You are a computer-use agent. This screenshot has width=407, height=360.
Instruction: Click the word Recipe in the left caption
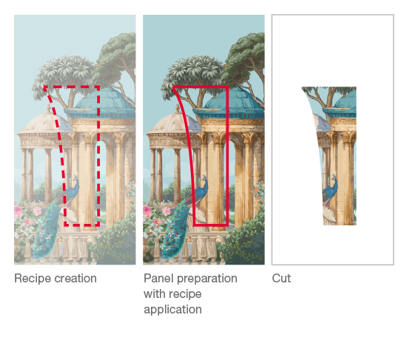point(33,279)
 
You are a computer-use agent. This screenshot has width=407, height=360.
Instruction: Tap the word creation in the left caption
point(75,278)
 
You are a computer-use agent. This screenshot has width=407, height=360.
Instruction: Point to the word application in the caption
point(172,310)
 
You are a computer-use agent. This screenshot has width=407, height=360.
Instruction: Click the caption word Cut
point(281,278)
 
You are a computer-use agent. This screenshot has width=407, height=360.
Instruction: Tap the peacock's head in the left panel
point(75,178)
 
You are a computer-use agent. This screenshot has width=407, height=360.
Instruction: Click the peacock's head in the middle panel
point(204,178)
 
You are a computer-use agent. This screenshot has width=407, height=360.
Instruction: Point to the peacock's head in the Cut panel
point(334,177)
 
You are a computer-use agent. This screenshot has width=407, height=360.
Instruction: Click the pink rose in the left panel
point(18,211)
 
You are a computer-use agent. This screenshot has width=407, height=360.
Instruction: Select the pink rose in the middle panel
point(147,211)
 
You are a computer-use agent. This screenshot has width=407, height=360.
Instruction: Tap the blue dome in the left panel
point(104,99)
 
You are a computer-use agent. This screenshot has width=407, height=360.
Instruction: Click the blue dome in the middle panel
point(234,99)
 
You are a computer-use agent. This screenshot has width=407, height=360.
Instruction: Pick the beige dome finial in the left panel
point(49,109)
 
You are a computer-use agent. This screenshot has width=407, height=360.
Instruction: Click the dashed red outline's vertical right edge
point(98,156)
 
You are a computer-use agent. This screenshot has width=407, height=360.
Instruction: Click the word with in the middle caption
point(153,294)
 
